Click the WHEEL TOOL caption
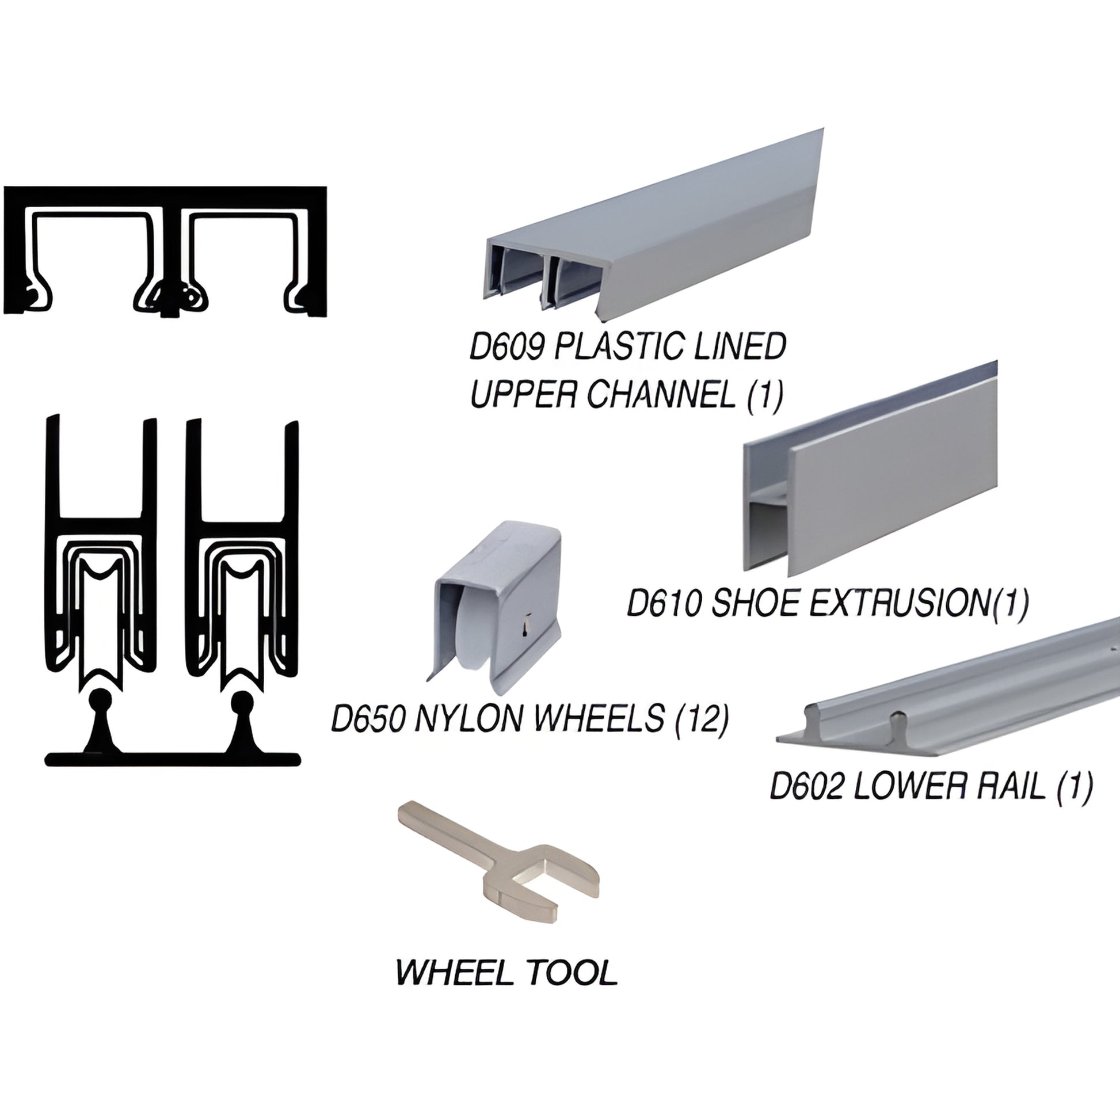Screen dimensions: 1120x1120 click(x=506, y=972)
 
